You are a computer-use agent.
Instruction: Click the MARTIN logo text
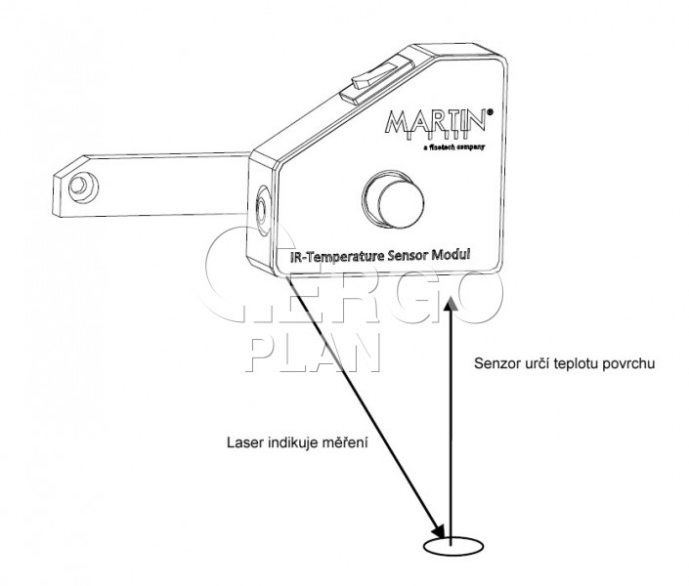click(x=436, y=122)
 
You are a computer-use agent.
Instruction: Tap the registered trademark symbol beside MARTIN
click(x=490, y=111)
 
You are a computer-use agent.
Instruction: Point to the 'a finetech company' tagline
click(x=453, y=147)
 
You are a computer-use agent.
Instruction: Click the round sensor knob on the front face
click(x=394, y=199)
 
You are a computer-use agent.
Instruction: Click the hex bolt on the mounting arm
click(x=83, y=187)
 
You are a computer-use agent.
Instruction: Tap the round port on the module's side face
click(x=263, y=210)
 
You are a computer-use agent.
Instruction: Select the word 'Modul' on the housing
click(x=452, y=254)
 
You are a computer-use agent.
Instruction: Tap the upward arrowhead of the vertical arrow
click(x=451, y=304)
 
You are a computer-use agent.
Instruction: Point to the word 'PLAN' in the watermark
click(x=315, y=353)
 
